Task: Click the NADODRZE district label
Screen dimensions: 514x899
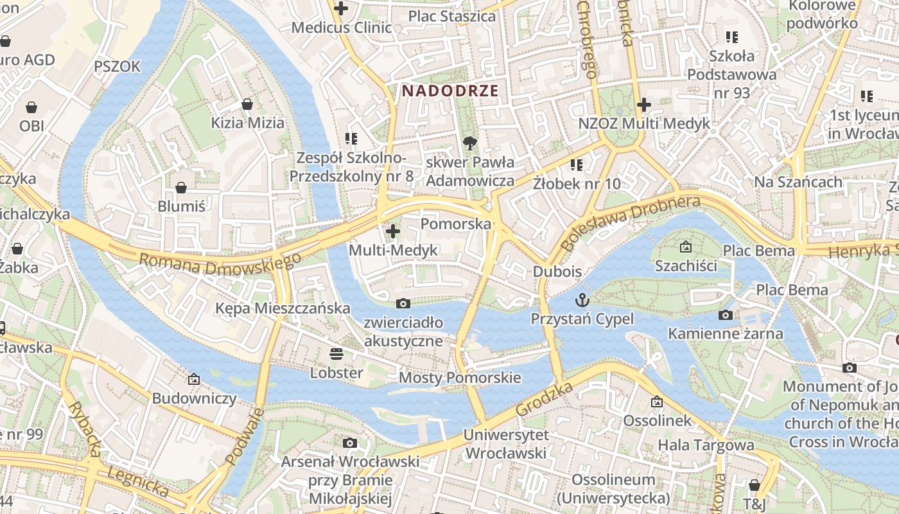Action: coord(450,91)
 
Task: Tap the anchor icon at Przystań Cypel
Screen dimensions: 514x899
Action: coord(582,300)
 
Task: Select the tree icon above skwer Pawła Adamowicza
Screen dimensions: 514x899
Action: coord(470,143)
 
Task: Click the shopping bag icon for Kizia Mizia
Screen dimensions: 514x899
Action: coord(247,103)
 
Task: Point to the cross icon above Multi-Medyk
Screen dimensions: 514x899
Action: coord(393,231)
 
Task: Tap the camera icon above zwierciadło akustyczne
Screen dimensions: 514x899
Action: coord(403,303)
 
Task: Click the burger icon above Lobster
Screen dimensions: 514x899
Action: coord(336,353)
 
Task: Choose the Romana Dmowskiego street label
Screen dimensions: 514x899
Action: coord(220,264)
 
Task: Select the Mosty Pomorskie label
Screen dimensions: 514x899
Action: coord(460,378)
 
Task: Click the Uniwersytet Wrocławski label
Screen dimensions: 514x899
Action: coord(505,444)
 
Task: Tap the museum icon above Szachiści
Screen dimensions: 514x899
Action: coord(685,247)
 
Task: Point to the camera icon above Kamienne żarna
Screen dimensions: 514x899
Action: coord(726,315)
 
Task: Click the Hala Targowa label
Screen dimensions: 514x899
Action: coord(706,445)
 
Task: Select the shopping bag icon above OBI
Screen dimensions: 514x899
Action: coord(31,107)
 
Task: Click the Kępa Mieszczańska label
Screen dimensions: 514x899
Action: coord(283,308)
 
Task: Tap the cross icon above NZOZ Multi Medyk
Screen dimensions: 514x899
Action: coord(644,105)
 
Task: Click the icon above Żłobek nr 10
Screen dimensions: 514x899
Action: coord(577,165)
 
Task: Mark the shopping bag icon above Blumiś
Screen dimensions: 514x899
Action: coord(181,188)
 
